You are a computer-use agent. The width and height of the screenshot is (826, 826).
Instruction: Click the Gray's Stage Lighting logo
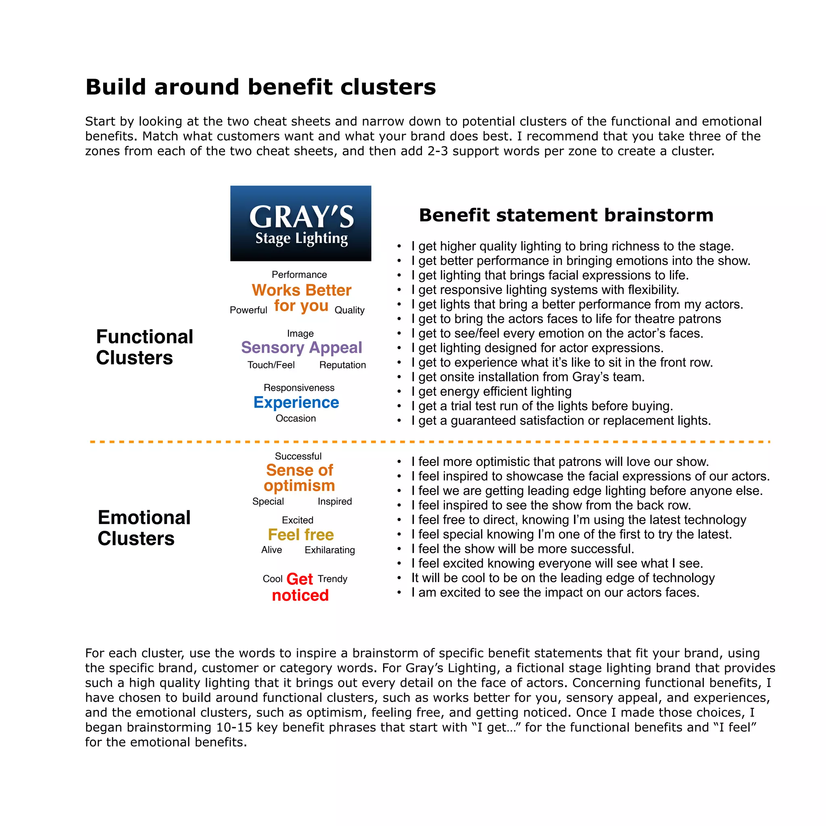(x=300, y=223)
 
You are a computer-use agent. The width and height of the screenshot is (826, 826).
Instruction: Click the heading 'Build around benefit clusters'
(x=261, y=87)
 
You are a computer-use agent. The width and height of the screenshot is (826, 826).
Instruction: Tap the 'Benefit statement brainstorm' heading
(x=565, y=215)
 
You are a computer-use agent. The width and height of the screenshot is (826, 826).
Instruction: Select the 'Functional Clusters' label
(x=144, y=347)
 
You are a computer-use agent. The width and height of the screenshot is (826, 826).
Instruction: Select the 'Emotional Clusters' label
(x=144, y=528)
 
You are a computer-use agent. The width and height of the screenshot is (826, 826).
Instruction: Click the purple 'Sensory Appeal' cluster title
(x=301, y=347)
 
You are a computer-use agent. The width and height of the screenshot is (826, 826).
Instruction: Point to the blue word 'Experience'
(x=296, y=402)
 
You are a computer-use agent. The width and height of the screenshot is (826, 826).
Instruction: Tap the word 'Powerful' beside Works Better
(x=248, y=310)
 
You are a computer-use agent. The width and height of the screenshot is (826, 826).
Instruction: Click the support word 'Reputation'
(x=342, y=365)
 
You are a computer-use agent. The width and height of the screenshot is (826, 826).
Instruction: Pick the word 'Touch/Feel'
(x=271, y=365)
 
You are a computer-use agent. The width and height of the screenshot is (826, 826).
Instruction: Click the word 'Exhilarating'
(x=330, y=550)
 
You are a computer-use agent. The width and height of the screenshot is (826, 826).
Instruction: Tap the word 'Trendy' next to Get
(x=332, y=579)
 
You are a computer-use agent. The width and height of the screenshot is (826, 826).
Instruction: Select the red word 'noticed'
(x=300, y=595)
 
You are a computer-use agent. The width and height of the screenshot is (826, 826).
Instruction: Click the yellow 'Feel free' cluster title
(x=300, y=534)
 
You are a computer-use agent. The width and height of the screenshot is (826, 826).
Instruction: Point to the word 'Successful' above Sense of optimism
(x=298, y=456)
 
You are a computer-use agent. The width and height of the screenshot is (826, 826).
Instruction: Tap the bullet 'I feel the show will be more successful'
(x=522, y=549)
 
